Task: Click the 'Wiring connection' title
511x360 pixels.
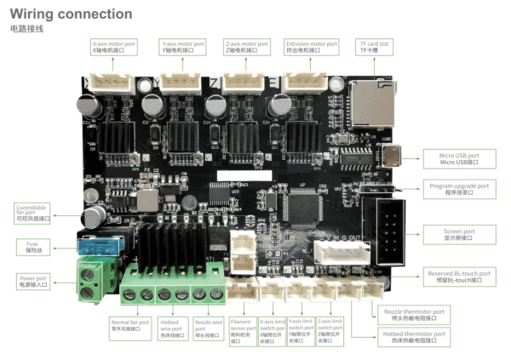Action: click(71, 14)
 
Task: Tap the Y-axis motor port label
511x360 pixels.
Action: click(182, 47)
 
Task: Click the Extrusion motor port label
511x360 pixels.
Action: click(312, 47)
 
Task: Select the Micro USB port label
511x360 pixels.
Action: click(458, 159)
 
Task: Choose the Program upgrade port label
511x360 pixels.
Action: click(458, 188)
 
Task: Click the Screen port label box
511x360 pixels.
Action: click(458, 234)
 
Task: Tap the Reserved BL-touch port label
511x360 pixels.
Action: click(459, 277)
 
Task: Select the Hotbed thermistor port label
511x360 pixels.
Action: click(413, 337)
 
